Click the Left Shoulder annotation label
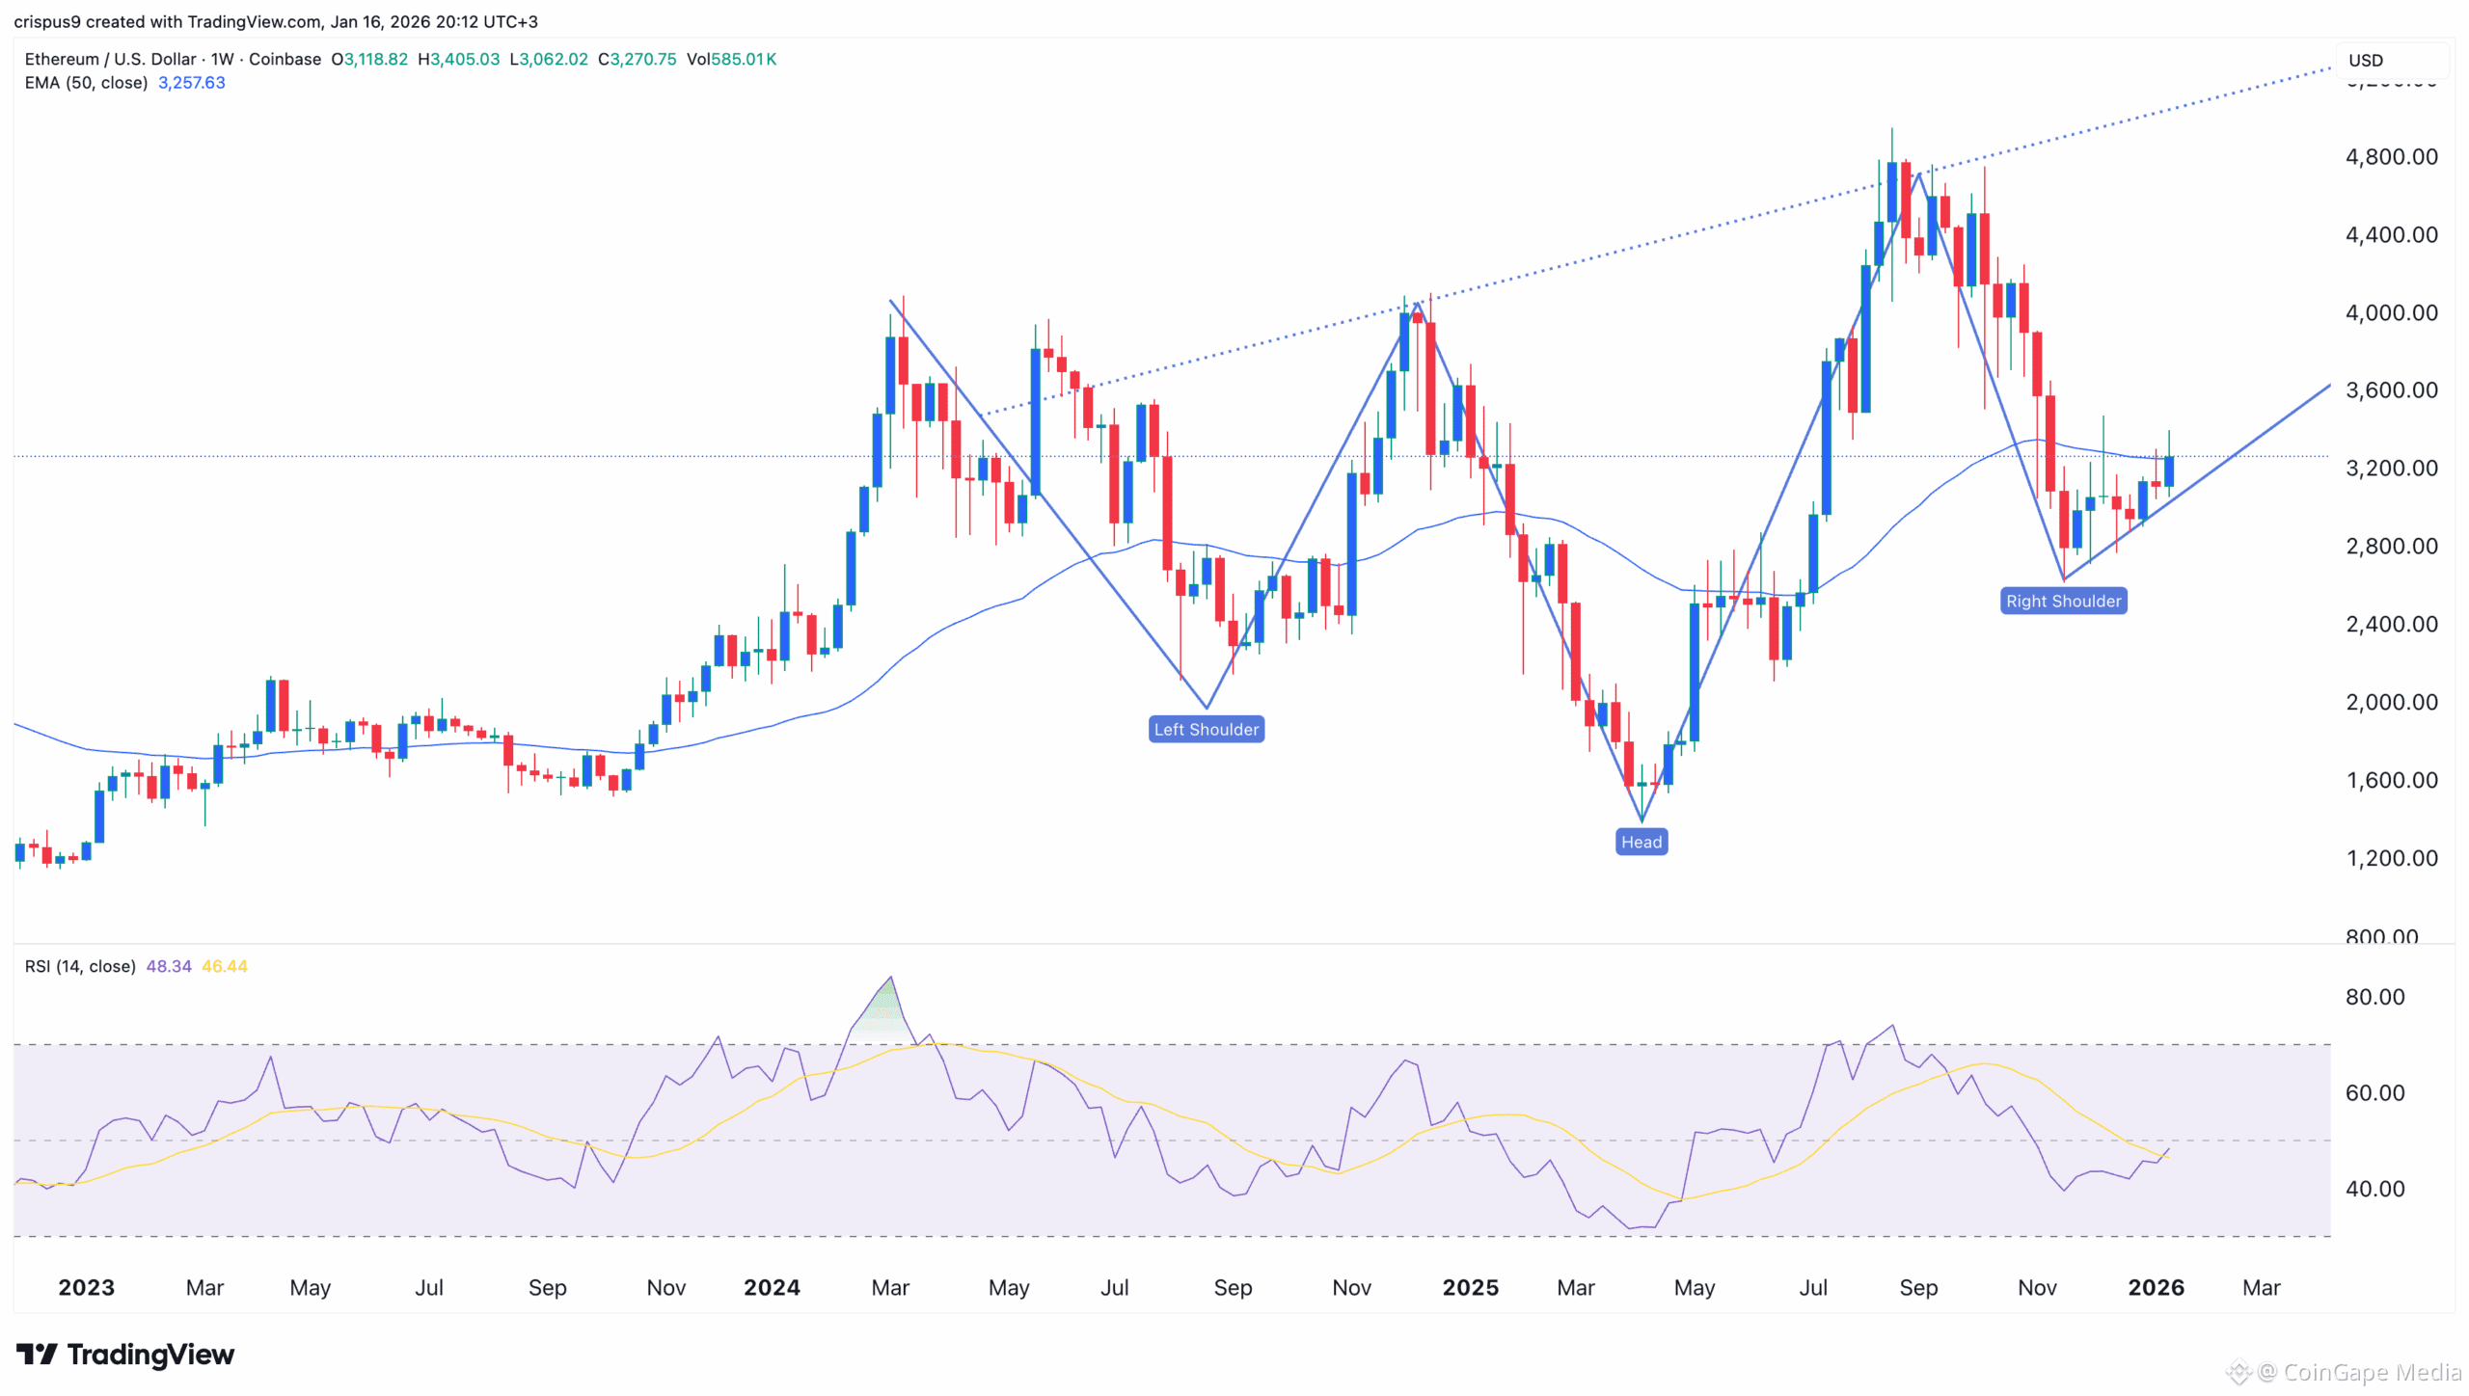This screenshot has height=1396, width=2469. pyautogui.click(x=1206, y=730)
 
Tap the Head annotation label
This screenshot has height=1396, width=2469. pyautogui.click(x=1641, y=843)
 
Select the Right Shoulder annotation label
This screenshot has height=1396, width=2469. pyautogui.click(x=2063, y=602)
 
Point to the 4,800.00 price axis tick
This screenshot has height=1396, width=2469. pyautogui.click(x=2391, y=157)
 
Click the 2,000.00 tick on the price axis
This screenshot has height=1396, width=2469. pyautogui.click(x=2391, y=703)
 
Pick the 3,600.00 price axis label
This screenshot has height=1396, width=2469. pyautogui.click(x=2391, y=390)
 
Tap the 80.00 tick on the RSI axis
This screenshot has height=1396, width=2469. pyautogui.click(x=2374, y=998)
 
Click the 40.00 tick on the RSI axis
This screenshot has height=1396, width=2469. pyautogui.click(x=2374, y=1190)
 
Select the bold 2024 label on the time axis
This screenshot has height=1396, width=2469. pyautogui.click(x=772, y=1288)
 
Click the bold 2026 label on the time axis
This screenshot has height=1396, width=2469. pyautogui.click(x=2156, y=1288)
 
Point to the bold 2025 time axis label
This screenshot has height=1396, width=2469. pyautogui.click(x=1470, y=1288)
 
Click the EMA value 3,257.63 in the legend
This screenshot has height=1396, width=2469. pyautogui.click(x=191, y=83)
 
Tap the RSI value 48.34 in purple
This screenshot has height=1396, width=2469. pyautogui.click(x=169, y=967)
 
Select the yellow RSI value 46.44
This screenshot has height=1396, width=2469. pyautogui.click(x=225, y=967)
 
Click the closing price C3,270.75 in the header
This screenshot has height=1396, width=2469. pyautogui.click(x=638, y=60)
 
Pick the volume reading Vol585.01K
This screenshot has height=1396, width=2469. pyautogui.click(x=731, y=60)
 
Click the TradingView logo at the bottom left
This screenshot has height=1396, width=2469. pyautogui.click(x=125, y=1355)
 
